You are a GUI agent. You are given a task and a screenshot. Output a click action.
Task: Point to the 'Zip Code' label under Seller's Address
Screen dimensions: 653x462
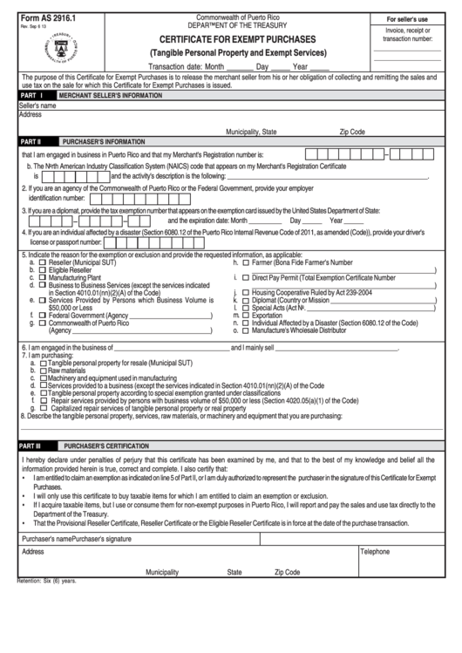click(351, 132)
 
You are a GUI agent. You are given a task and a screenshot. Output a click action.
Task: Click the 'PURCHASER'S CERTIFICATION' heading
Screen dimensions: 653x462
click(100, 445)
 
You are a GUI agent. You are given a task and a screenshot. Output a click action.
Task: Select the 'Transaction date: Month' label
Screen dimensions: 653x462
click(188, 66)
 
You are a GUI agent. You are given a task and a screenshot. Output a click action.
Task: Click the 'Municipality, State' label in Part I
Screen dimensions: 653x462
click(251, 132)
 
